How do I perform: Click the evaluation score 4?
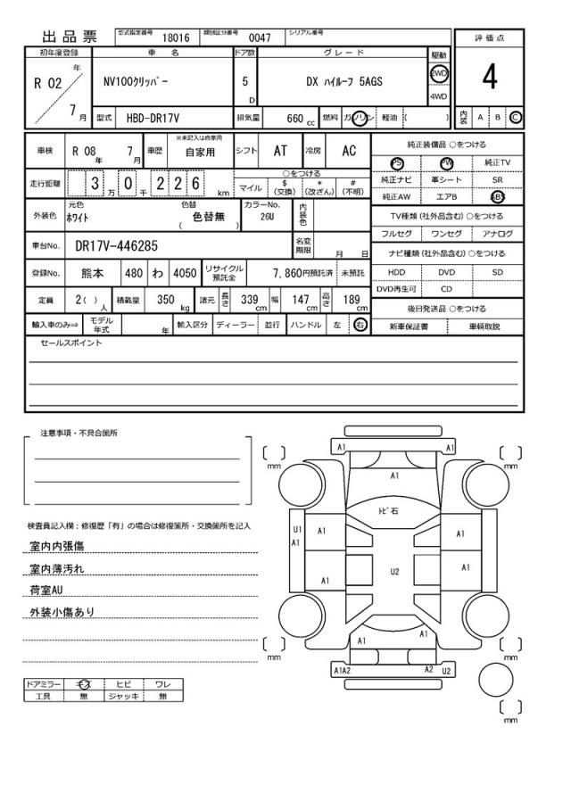pos(490,78)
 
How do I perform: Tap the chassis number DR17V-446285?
pos(117,245)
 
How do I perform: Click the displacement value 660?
pos(295,118)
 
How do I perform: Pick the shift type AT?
pos(280,152)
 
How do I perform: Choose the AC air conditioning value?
pos(349,152)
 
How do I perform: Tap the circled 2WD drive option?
pos(438,74)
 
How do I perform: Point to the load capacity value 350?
pos(165,301)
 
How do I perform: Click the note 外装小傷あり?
pos(62,612)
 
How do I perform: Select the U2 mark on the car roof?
pos(395,572)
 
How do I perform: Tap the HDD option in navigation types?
pos(396,272)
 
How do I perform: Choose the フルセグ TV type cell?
pos(396,234)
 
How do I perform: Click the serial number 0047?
pos(260,38)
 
